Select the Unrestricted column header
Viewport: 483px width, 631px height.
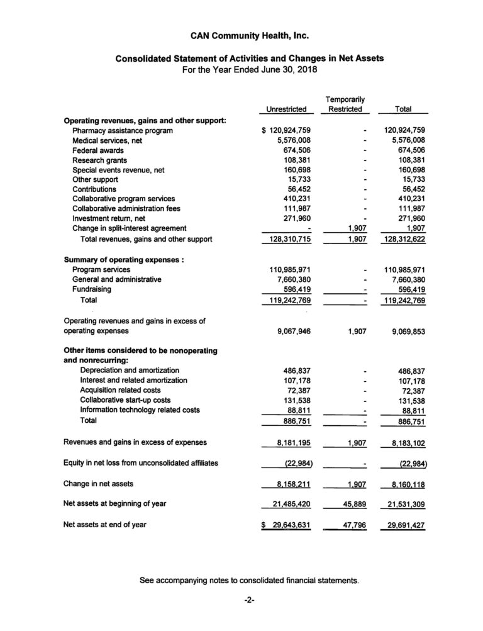coord(286,109)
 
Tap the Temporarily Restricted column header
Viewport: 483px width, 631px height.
coord(345,104)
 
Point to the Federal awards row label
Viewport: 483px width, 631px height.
coord(97,150)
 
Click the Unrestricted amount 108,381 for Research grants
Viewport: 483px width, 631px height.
coord(296,160)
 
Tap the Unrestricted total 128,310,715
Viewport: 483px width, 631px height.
coord(287,239)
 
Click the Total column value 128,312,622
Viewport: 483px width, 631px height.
coord(403,239)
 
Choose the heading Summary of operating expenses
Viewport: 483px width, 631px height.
coord(123,259)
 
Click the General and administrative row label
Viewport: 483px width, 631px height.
coord(116,279)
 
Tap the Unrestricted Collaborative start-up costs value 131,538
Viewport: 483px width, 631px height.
coord(296,399)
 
